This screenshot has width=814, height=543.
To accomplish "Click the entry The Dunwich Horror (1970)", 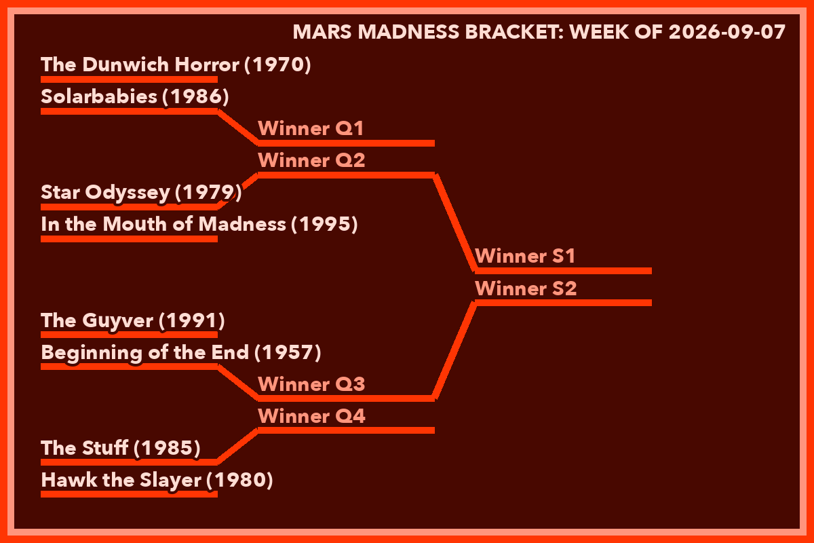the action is coord(176,64).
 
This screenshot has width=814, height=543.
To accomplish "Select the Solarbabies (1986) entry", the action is coord(135,97).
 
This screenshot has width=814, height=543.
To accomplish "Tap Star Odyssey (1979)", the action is coord(141,192).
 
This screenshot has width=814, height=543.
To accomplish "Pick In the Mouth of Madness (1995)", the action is coord(199,224).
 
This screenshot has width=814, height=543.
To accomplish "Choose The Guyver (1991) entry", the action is coord(133,320).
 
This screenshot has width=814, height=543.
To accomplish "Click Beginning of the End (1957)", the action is coord(181,352).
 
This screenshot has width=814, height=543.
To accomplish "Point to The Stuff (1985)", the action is coord(121,448).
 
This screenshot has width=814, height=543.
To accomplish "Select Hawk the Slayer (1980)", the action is coord(157,480).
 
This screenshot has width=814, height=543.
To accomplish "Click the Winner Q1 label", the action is coord(311,128).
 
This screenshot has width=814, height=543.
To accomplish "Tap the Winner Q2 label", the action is coord(311,160).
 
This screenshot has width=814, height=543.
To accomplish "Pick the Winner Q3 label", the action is coord(311,384).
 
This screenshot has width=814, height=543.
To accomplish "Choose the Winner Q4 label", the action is coord(311,416).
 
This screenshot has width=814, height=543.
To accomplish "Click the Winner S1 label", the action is coord(525,256).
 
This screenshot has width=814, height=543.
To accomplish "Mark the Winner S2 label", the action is coord(526,288).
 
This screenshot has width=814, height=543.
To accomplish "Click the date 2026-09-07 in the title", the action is coord(727,32).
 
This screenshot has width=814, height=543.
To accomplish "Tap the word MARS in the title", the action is coord(322,32).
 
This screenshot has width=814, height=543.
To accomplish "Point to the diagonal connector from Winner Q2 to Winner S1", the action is coord(455,223).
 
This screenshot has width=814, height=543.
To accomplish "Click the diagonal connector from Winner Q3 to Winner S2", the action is coord(455,351).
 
